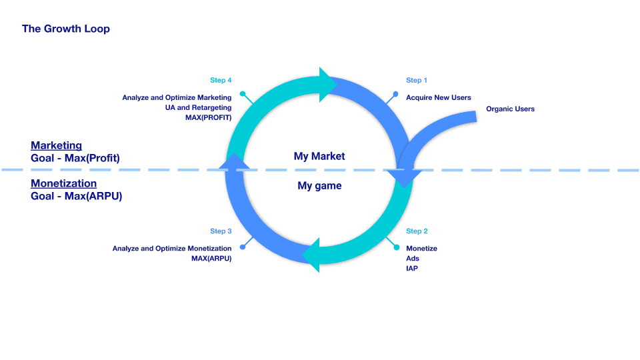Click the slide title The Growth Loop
point(66,29)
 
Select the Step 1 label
point(417,80)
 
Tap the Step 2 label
point(417,231)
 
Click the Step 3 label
point(221,231)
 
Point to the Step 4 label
point(221,80)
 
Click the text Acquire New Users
point(439,97)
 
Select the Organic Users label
point(510,109)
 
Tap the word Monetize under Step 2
point(421,248)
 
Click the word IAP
point(412,268)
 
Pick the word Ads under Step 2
point(413,258)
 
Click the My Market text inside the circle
point(319,156)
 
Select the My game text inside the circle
point(319,185)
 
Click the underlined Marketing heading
point(56,145)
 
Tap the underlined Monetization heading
point(63,183)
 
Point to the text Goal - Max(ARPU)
point(76,196)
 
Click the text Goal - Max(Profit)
point(75,158)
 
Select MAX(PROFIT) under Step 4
point(208,117)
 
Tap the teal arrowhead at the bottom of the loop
point(312,255)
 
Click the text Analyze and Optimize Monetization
point(172,248)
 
